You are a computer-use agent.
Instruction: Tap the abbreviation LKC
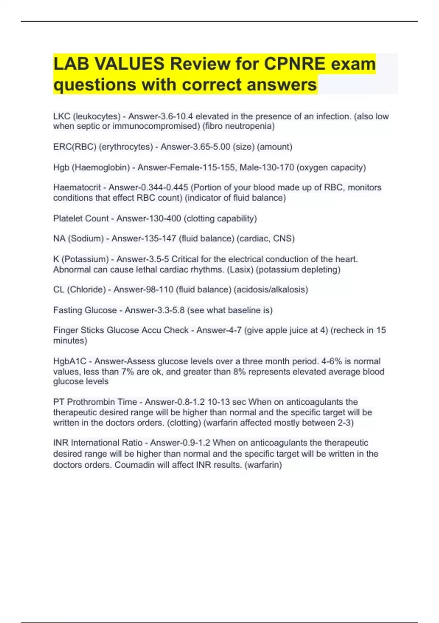pyautogui.click(x=61, y=117)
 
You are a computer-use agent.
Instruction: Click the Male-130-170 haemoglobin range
pyautogui.click(x=267, y=167)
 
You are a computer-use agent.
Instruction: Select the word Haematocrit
pyautogui.click(x=77, y=188)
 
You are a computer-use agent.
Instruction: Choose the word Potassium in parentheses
pyautogui.click(x=85, y=259)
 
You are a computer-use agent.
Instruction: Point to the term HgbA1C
pyautogui.click(x=70, y=361)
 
